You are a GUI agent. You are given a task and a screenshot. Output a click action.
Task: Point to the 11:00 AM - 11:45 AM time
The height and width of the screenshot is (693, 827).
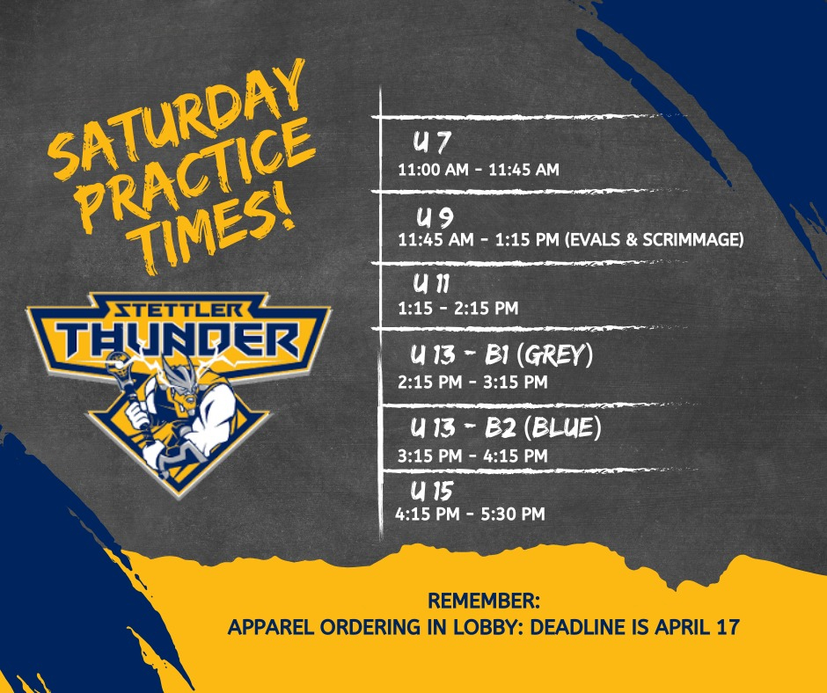479,170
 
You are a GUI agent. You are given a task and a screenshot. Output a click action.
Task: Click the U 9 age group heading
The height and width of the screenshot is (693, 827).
435,216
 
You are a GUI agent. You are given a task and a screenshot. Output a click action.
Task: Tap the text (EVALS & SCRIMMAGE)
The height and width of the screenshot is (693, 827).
655,239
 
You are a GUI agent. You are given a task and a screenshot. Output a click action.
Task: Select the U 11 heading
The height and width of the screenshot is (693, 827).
431,283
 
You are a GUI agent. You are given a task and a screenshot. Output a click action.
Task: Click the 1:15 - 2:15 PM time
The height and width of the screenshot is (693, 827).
457,308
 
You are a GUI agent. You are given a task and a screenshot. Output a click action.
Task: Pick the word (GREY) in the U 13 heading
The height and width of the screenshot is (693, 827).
555,354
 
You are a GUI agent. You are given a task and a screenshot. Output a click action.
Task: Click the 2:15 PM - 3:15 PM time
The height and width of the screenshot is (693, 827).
472,382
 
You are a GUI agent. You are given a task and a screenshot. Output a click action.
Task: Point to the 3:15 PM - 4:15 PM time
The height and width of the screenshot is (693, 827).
472,456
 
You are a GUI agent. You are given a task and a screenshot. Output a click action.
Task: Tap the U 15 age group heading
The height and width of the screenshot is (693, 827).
432,491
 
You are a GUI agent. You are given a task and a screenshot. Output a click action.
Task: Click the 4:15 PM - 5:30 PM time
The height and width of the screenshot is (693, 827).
470,514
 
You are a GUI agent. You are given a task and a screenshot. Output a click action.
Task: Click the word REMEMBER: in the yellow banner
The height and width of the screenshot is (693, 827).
484,601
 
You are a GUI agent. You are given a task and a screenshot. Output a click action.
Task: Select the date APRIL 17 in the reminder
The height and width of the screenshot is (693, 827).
698,627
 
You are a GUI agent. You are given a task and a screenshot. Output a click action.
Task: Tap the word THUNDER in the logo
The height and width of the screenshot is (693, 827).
178,339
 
